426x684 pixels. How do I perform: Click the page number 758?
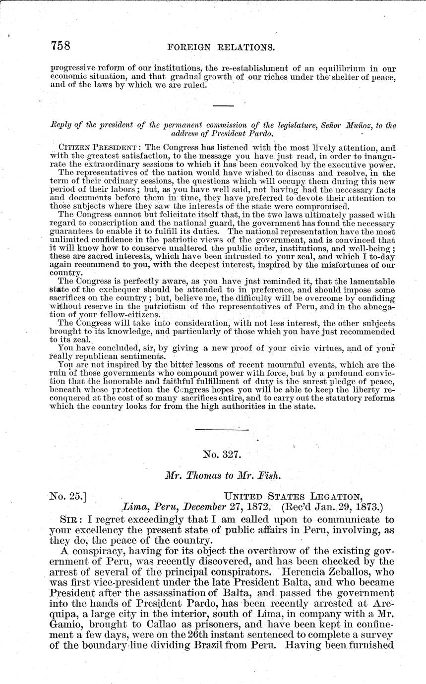pyautogui.click(x=61, y=46)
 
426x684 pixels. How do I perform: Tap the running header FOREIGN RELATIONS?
pyautogui.click(x=222, y=48)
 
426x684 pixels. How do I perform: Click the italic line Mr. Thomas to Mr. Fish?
pyautogui.click(x=223, y=475)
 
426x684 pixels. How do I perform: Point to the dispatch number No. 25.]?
pyautogui.click(x=69, y=495)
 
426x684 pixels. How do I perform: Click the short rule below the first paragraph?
pyautogui.click(x=223, y=106)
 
